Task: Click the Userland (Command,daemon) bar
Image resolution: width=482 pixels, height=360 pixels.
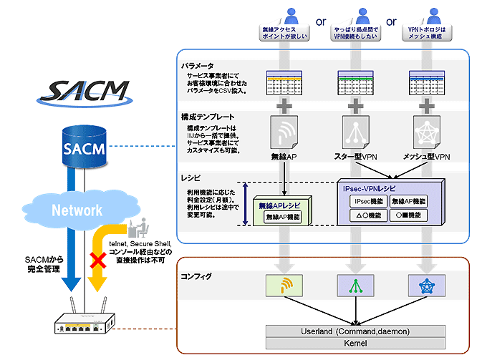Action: (357, 332)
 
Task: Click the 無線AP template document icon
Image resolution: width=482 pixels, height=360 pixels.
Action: (284, 132)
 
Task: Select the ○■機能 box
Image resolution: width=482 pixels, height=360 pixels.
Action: (407, 215)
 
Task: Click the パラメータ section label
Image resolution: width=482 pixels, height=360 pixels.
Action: (198, 65)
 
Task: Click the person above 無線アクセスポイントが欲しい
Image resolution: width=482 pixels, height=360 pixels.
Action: (285, 16)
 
